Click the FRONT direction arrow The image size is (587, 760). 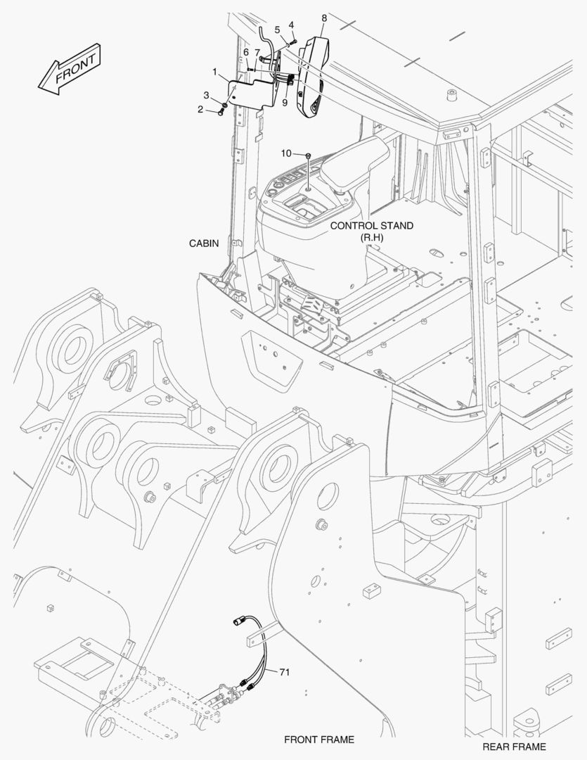tap(70, 69)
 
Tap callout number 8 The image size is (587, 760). tap(324, 18)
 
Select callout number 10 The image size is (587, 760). tap(286, 153)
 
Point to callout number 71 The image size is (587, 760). tap(284, 672)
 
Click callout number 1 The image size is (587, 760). tap(214, 72)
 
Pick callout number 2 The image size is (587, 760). tap(200, 110)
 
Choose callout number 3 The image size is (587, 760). tap(206, 95)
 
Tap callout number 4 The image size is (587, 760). tap(291, 24)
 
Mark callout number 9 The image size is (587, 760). tap(285, 102)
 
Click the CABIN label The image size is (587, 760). tap(203, 243)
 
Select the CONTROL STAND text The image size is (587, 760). tap(371, 225)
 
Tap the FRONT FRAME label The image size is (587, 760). tap(319, 740)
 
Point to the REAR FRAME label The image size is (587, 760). tap(514, 747)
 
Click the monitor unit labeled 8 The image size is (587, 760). tap(313, 77)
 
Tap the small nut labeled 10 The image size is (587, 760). tap(308, 155)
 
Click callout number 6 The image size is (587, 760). tap(246, 52)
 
